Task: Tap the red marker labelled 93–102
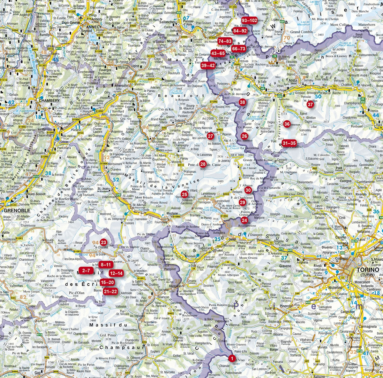click(x=249, y=20)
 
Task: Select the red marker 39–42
click(x=208, y=65)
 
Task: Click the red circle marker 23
click(x=103, y=242)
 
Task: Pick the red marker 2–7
click(x=86, y=271)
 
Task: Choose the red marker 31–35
click(x=289, y=143)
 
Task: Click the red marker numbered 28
click(x=203, y=164)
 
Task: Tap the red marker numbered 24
click(x=244, y=220)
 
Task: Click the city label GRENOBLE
click(x=17, y=210)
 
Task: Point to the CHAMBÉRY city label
click(x=49, y=100)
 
